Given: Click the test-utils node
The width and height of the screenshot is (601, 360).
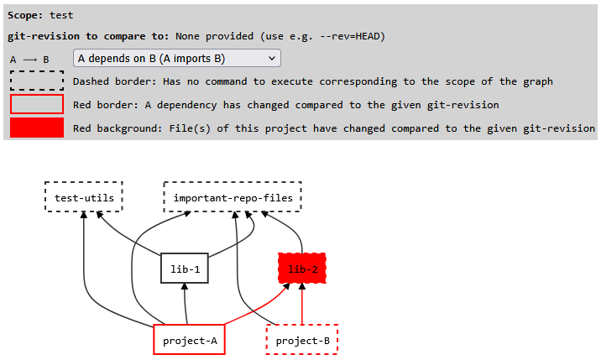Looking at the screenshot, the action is coord(84,198).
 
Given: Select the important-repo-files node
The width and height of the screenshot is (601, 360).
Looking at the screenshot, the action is coord(233,198).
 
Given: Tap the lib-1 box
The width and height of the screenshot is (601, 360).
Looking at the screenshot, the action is coord(184,269).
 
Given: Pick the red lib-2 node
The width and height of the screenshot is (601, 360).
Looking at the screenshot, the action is coord(302,269).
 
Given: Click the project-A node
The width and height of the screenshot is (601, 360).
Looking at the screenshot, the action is coord(190,340).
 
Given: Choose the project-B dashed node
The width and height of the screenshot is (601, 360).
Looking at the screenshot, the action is coord(302,340).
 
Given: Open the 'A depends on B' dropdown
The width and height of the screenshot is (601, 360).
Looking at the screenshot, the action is coord(177,59).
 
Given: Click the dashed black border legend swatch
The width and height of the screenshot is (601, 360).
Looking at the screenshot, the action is coord(37,81).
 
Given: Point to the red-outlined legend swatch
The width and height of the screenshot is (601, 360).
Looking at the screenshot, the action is coord(37,104).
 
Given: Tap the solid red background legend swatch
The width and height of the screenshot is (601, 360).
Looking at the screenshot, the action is coord(37,128).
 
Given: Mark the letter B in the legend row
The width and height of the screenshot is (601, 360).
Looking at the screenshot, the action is coord(46,60).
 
